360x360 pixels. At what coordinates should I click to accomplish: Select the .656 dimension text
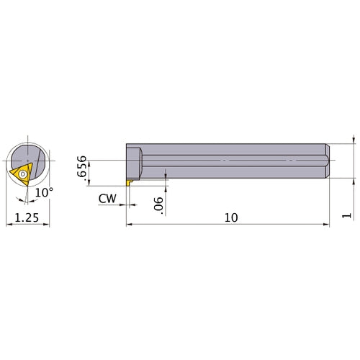tap(83, 166)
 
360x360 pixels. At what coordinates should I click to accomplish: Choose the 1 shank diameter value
tap(348, 215)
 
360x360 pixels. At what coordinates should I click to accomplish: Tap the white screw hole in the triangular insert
tap(24, 174)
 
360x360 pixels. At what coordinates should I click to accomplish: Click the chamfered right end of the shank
tap(327, 158)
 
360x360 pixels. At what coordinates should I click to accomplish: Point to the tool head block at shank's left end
tap(134, 158)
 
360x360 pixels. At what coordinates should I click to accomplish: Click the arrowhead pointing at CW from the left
tap(123, 204)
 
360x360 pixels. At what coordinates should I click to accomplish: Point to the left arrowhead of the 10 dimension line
tap(130, 225)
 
